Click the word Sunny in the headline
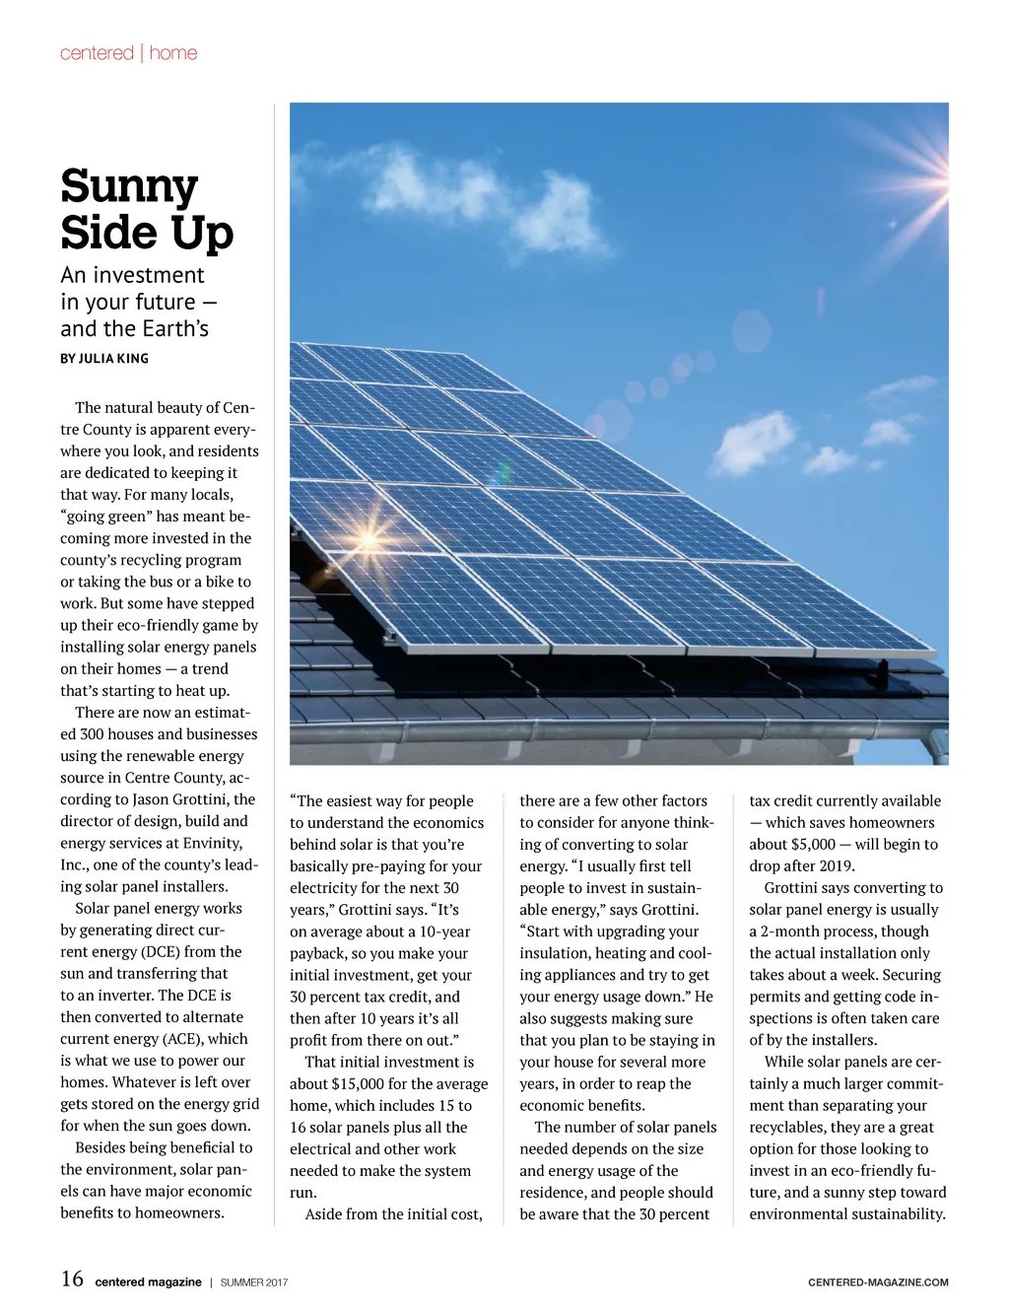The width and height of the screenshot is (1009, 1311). click(129, 187)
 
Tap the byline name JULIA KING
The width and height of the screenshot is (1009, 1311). click(114, 359)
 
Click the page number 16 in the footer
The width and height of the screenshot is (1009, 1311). click(72, 1279)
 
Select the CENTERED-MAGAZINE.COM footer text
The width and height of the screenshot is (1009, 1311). click(878, 1282)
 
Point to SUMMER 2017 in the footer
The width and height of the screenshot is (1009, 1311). click(254, 1282)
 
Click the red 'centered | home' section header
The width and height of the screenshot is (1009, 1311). click(128, 53)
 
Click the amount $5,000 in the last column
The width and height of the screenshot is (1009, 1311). click(812, 845)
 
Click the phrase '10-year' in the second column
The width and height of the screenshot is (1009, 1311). click(444, 931)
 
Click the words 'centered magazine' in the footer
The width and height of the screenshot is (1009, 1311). click(148, 1282)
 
